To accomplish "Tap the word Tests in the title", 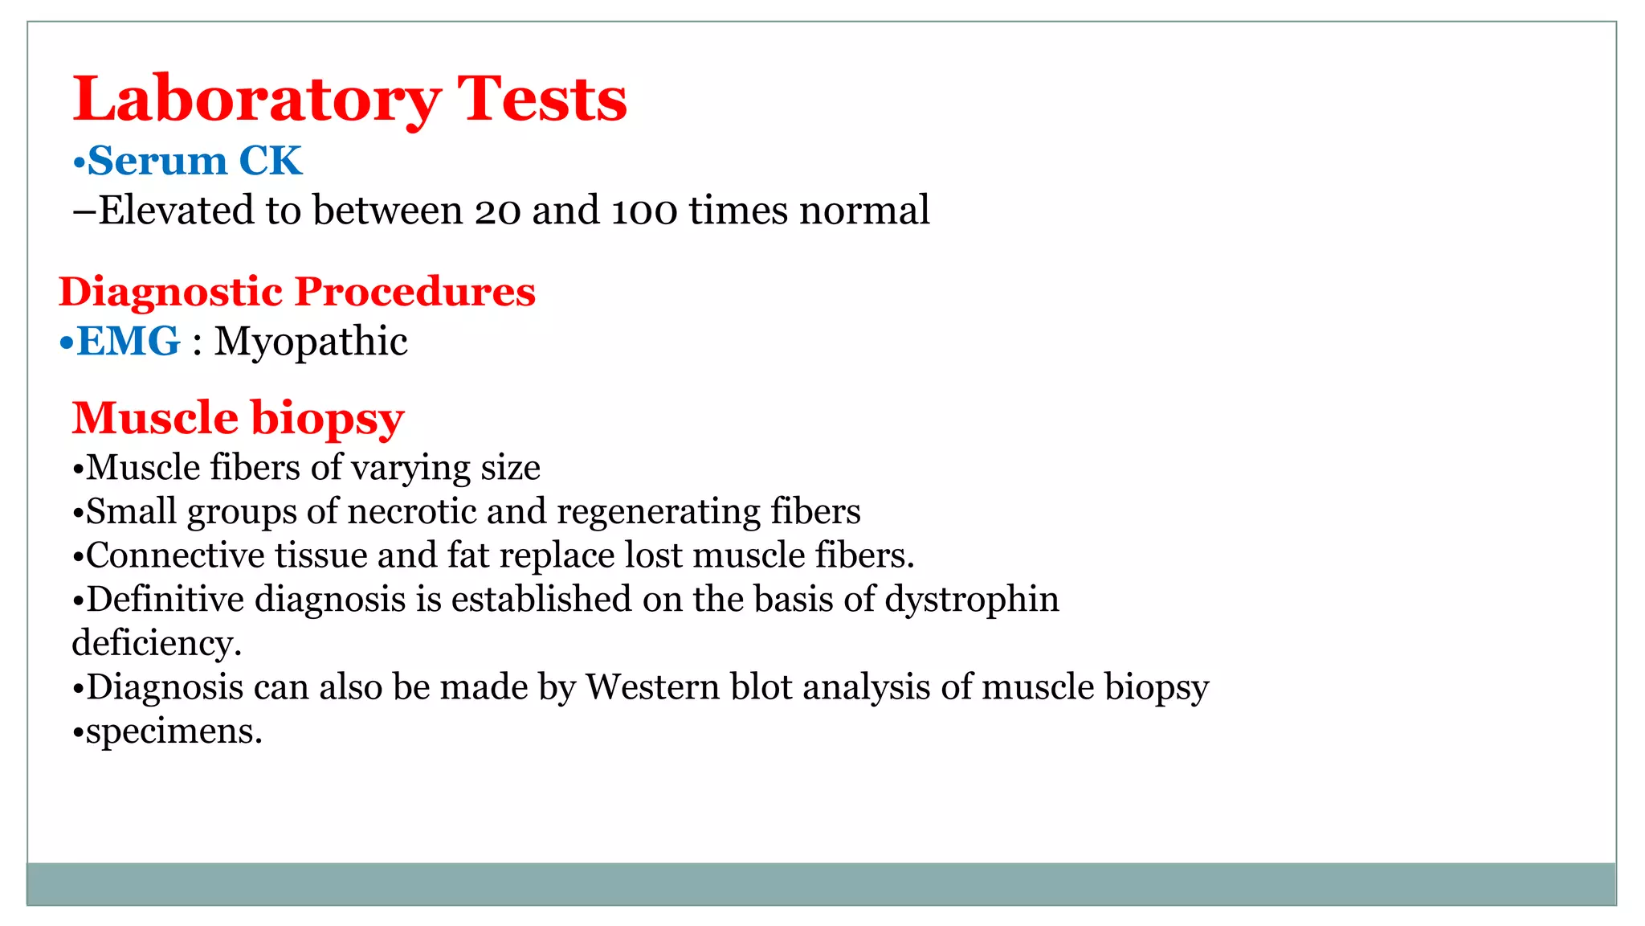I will click(542, 100).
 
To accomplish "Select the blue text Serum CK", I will click(194, 161).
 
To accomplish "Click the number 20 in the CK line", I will click(498, 211).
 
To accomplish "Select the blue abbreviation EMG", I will click(129, 342).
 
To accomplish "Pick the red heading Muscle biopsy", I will click(238, 419).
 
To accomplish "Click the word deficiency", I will click(157, 644).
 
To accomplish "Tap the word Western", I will click(652, 687).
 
